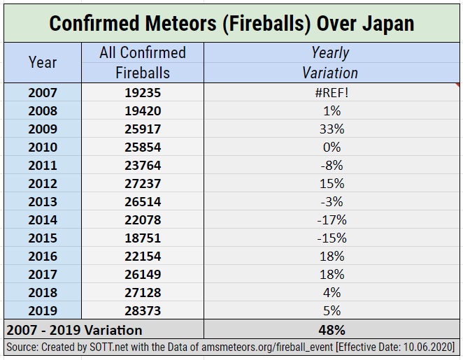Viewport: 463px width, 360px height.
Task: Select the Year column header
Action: [43, 62]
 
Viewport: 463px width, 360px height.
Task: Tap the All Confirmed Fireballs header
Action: [143, 62]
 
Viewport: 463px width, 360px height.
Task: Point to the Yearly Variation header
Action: [330, 62]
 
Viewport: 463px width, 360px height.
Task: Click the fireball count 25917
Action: [143, 129]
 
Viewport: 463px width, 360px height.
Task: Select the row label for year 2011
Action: [43, 165]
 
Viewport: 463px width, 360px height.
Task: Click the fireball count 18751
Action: [143, 238]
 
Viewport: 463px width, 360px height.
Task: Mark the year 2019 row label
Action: [43, 310]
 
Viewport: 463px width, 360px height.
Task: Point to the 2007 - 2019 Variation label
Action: [73, 329]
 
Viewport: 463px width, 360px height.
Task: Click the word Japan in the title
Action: [387, 23]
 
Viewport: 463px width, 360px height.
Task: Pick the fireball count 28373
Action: [143, 310]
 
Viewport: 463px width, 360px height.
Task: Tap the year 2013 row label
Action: [43, 201]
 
